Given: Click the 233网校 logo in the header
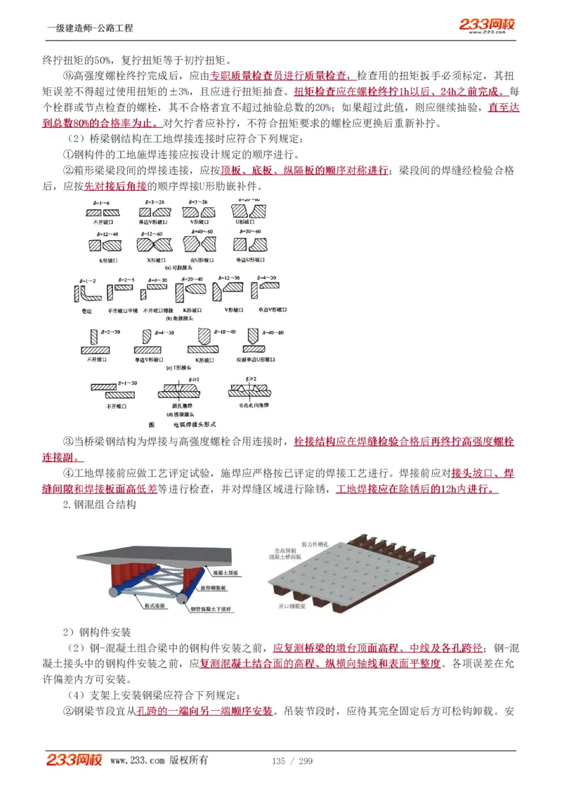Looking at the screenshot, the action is click(x=487, y=25).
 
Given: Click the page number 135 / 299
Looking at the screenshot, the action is click(x=292, y=761).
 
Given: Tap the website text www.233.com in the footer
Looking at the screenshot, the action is click(x=137, y=761).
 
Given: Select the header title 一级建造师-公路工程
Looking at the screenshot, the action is click(x=89, y=28).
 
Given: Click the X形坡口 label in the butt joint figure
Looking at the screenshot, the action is click(x=155, y=260).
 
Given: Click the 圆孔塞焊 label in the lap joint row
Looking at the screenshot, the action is click(x=182, y=406).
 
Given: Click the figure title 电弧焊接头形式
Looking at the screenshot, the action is click(x=185, y=425).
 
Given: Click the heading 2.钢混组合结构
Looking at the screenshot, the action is click(x=99, y=504).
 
